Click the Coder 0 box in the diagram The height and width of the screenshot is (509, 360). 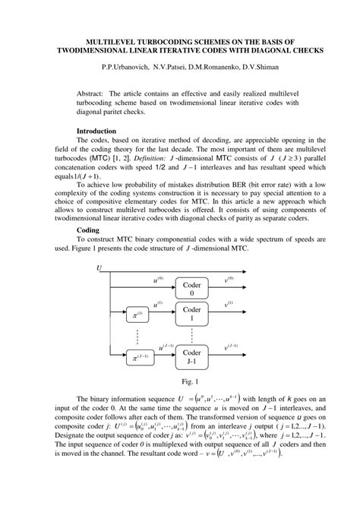pyautogui.click(x=193, y=289)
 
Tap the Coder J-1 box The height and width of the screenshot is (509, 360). pyautogui.click(x=193, y=357)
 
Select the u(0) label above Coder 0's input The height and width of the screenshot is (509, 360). pyautogui.click(x=158, y=280)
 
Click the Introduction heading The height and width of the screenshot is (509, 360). pyautogui.click(x=101, y=131)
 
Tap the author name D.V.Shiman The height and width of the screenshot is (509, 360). pyautogui.click(x=268, y=67)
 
